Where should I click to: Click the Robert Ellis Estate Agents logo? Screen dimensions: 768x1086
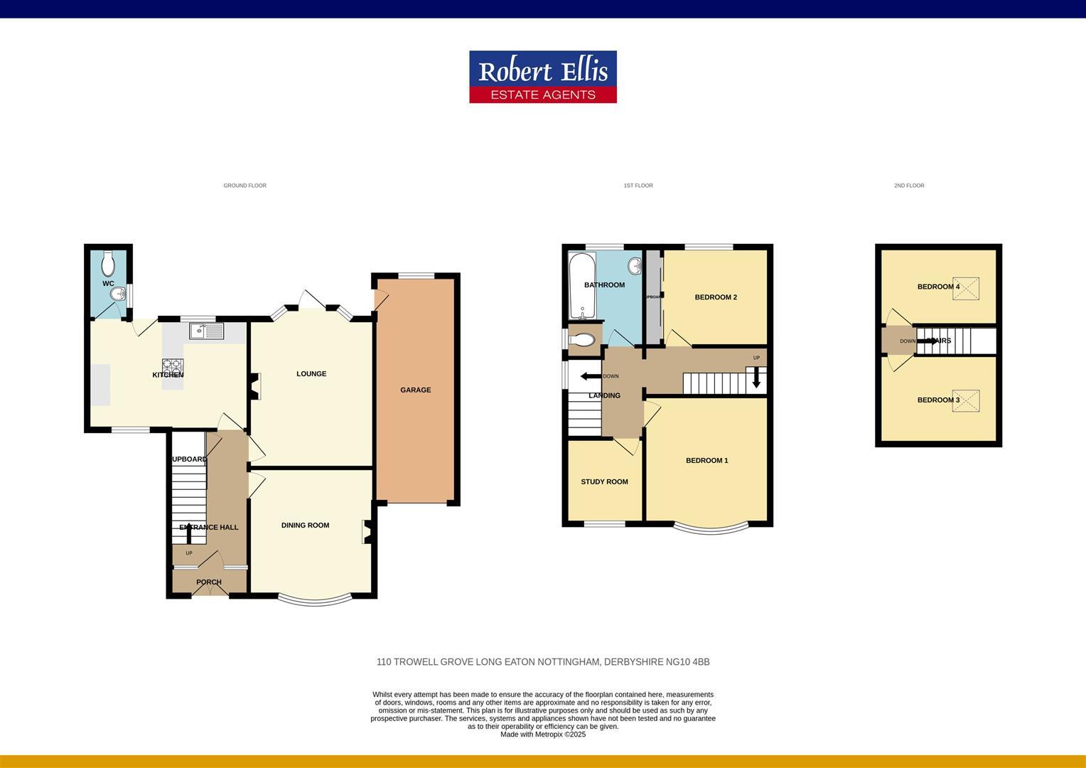coord(542,77)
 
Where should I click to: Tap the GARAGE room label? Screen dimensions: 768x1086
coord(415,390)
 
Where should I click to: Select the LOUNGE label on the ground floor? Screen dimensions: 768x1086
coord(311,374)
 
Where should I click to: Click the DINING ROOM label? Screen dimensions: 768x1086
coord(305,526)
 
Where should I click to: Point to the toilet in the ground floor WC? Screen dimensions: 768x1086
coord(108,265)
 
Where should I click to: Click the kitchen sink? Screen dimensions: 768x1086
coord(206,331)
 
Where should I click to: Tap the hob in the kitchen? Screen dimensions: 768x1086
coord(173,368)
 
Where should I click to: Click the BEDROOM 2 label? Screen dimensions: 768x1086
coord(716,297)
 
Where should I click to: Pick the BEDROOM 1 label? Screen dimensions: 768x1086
coord(706,461)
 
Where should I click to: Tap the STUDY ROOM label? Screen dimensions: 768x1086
coord(604,482)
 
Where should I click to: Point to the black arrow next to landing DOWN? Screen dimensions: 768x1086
coord(590,376)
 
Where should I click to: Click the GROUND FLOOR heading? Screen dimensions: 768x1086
coord(244,186)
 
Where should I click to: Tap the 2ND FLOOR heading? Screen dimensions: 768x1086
coord(909,186)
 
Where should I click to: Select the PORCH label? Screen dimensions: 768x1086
coord(209,582)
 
